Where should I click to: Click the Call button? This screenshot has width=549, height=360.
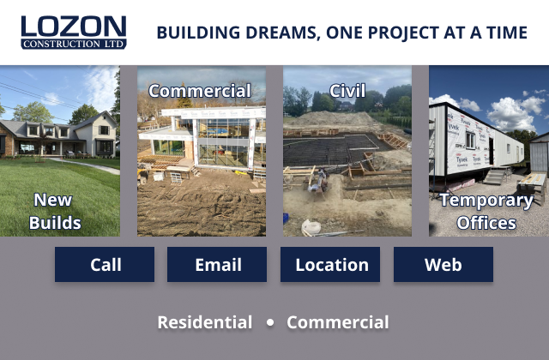click(x=105, y=265)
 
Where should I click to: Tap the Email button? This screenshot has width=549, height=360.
click(x=218, y=265)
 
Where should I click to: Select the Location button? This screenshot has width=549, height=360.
click(x=331, y=265)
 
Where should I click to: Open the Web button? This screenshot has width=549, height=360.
click(x=443, y=265)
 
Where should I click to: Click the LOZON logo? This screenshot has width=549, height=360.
click(x=74, y=27)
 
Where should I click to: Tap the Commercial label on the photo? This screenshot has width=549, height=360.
click(x=200, y=91)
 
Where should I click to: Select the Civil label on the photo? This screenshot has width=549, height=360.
click(x=347, y=91)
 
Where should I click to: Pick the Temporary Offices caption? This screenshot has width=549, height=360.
click(x=486, y=212)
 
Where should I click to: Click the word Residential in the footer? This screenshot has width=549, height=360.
click(x=205, y=323)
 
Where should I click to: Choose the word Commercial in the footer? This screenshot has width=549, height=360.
click(x=338, y=323)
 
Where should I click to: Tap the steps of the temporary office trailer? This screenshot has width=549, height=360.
click(x=497, y=177)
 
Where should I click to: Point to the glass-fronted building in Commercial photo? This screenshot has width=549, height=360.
click(x=219, y=137)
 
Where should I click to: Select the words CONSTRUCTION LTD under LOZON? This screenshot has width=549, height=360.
click(x=74, y=43)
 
